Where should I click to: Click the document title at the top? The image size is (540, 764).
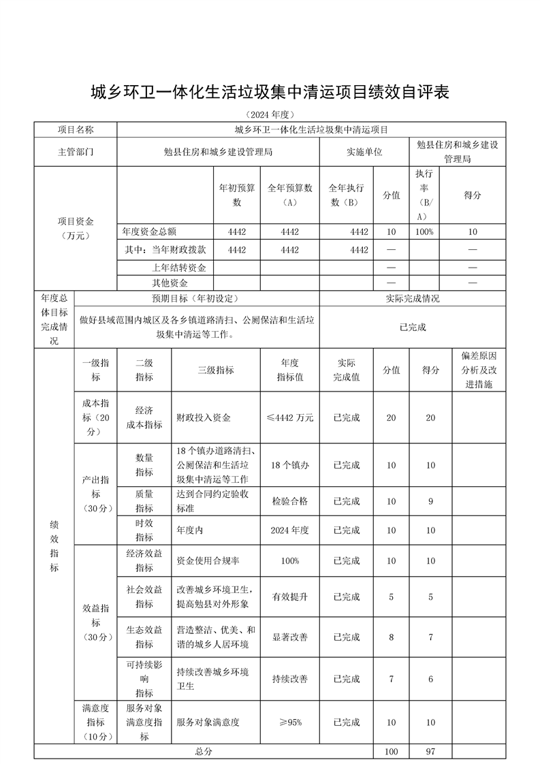pos(270,93)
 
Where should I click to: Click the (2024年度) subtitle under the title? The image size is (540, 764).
pos(270,114)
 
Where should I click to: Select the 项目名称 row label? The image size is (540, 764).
pos(76,129)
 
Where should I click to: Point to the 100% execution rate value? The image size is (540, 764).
pos(426,232)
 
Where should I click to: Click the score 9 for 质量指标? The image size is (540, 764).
pos(430,501)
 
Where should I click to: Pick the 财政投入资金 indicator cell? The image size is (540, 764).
pos(204,417)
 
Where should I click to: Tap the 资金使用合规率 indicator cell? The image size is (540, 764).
pos(208,560)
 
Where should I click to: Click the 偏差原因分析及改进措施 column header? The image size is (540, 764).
pos(479,370)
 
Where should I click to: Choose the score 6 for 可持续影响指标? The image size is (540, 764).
pos(430,679)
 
